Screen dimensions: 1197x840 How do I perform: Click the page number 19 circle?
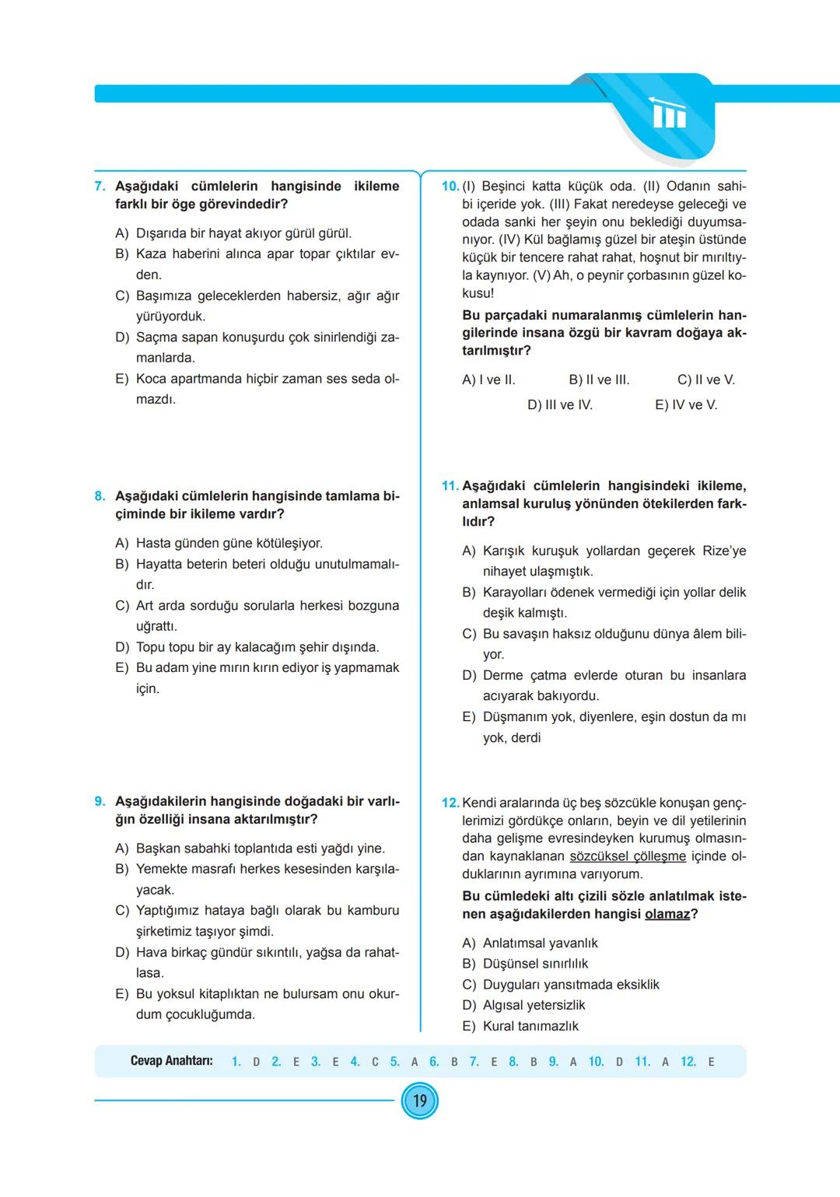tap(420, 1101)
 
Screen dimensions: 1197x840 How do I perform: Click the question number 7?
tap(100, 187)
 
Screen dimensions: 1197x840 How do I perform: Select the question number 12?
tap(450, 803)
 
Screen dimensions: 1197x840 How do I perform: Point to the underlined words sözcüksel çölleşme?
tap(628, 856)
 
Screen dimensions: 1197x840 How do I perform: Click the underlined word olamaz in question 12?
tap(667, 914)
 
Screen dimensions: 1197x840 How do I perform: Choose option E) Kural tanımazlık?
tap(520, 1026)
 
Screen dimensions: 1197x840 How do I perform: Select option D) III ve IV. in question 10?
tap(560, 405)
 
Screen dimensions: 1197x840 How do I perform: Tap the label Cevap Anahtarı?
tap(171, 1061)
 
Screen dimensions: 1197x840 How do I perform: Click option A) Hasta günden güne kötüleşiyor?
tap(219, 543)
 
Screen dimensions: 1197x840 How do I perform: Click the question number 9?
tap(100, 801)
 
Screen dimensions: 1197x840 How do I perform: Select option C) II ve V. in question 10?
tap(705, 380)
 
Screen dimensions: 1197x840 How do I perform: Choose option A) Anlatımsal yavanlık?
tap(530, 943)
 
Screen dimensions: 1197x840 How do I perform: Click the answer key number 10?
tap(596, 1062)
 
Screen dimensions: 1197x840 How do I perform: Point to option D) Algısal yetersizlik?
tap(523, 1005)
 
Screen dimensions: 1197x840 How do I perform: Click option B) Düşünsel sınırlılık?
tap(525, 964)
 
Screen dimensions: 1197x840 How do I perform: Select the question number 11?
tap(450, 486)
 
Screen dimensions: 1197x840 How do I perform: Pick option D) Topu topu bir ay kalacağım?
tap(247, 647)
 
